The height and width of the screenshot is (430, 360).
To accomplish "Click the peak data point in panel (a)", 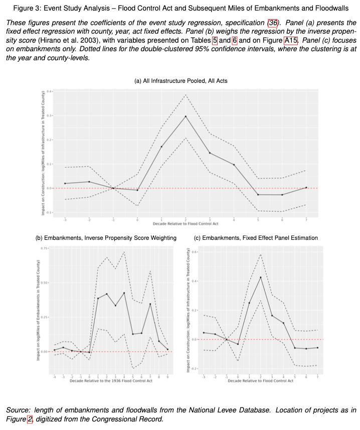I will (x=186, y=116).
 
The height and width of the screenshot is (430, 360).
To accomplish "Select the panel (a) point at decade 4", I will (x=234, y=165).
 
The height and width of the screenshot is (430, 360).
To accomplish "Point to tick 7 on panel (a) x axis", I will (x=307, y=220).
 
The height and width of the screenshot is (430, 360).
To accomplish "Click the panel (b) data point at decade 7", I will (x=150, y=304).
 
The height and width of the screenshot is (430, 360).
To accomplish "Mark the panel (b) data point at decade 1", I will (x=98, y=299).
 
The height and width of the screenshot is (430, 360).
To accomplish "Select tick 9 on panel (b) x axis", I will (x=167, y=376).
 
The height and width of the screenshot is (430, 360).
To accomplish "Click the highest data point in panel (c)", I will (x=261, y=277).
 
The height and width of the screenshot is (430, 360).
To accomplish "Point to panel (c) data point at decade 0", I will (x=238, y=344).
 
